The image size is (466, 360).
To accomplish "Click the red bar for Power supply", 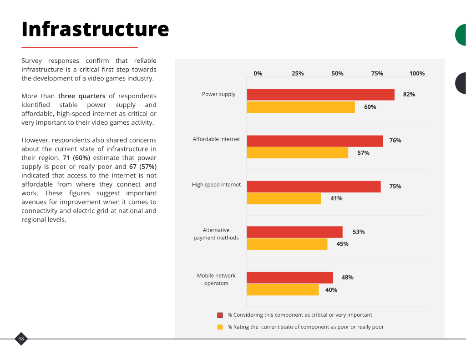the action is (321, 95).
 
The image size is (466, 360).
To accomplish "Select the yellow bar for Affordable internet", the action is (298, 153).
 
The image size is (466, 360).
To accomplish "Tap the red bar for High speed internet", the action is (314, 187).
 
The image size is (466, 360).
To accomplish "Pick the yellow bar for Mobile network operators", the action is (283, 290).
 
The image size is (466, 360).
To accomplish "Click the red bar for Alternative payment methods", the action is (294, 232).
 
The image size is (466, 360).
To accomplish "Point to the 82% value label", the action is (409, 95).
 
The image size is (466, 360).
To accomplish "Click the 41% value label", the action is (336, 198).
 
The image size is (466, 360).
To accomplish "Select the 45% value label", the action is (342, 244).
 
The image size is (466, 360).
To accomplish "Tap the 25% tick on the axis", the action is (298, 73).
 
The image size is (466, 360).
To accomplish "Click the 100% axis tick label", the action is (417, 73).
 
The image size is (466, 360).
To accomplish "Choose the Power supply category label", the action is (219, 94).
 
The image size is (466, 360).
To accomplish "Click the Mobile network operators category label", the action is (216, 279).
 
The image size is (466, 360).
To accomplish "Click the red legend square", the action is (220, 315).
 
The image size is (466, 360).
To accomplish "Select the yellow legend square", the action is (220, 327).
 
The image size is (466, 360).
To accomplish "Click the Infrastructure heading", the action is (95, 29).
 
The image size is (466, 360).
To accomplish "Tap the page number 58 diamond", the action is (21, 339).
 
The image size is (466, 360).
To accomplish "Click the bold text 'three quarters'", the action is (82, 96).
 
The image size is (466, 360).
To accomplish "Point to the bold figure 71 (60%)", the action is (76, 158).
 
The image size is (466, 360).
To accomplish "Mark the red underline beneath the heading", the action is (80, 47).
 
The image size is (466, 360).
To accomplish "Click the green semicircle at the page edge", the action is (461, 35).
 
